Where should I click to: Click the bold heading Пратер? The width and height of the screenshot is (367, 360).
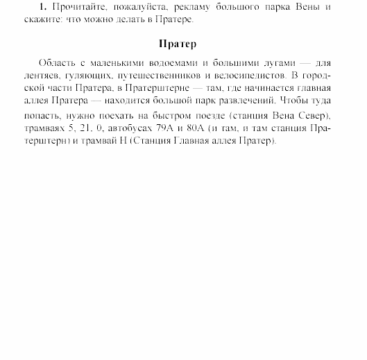click(178, 44)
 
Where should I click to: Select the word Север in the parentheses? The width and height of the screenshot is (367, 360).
click(307, 114)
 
